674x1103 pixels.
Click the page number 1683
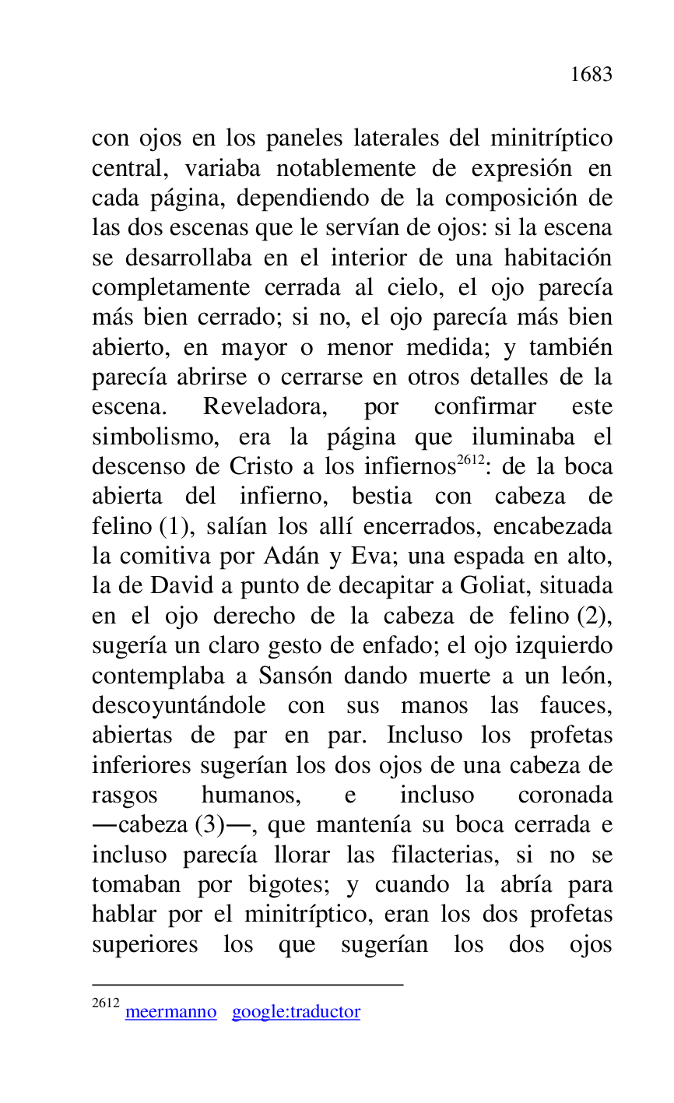pyautogui.click(x=591, y=75)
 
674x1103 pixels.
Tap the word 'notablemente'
pyautogui.click(x=346, y=169)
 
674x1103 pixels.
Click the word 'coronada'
pyautogui.click(x=564, y=796)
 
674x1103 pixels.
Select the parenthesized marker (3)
pyautogui.click(x=213, y=826)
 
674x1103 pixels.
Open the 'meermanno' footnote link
pyautogui.click(x=170, y=1012)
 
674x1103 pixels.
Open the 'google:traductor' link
pyautogui.click(x=296, y=1012)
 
